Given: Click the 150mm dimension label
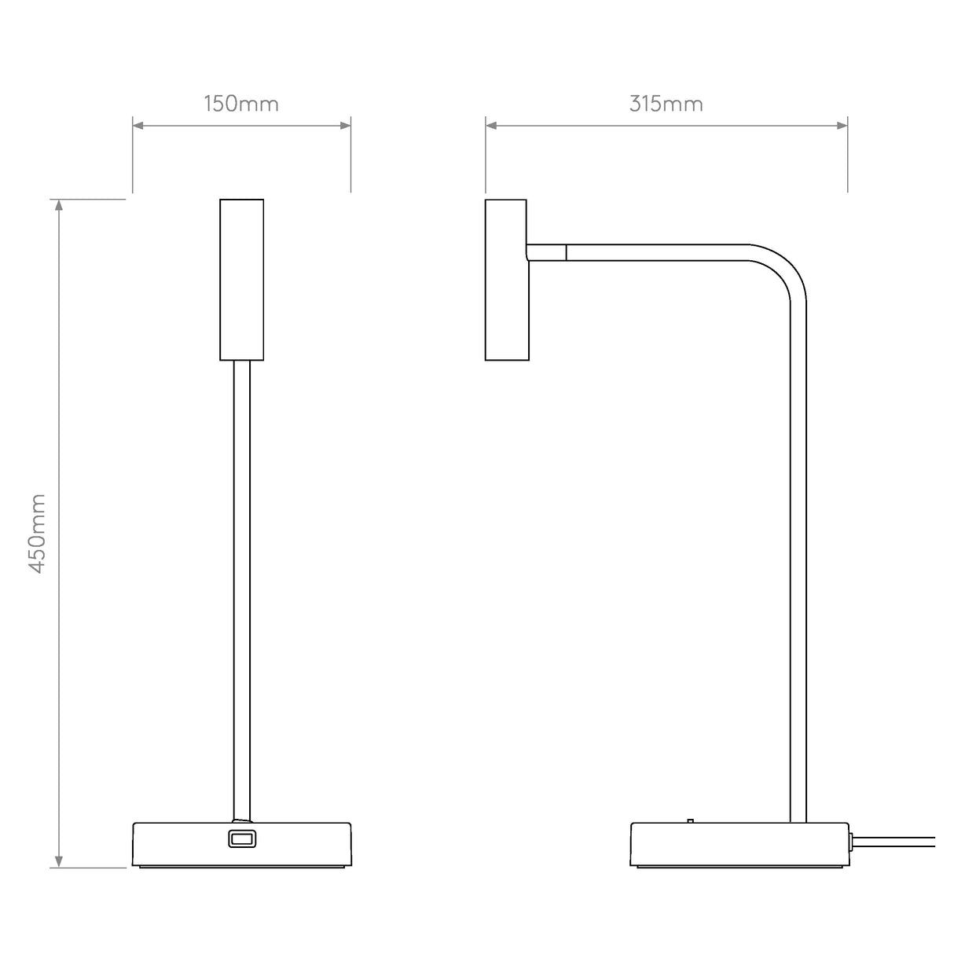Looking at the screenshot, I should coord(241,104).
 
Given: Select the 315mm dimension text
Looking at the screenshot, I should coord(666,104).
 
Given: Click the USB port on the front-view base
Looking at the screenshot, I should coord(241,839).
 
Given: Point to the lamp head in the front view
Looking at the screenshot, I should coord(241,280).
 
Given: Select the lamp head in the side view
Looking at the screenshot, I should coord(506,280).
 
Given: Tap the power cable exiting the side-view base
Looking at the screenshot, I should coord(896,842).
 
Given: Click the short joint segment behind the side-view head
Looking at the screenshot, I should coord(546,252).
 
